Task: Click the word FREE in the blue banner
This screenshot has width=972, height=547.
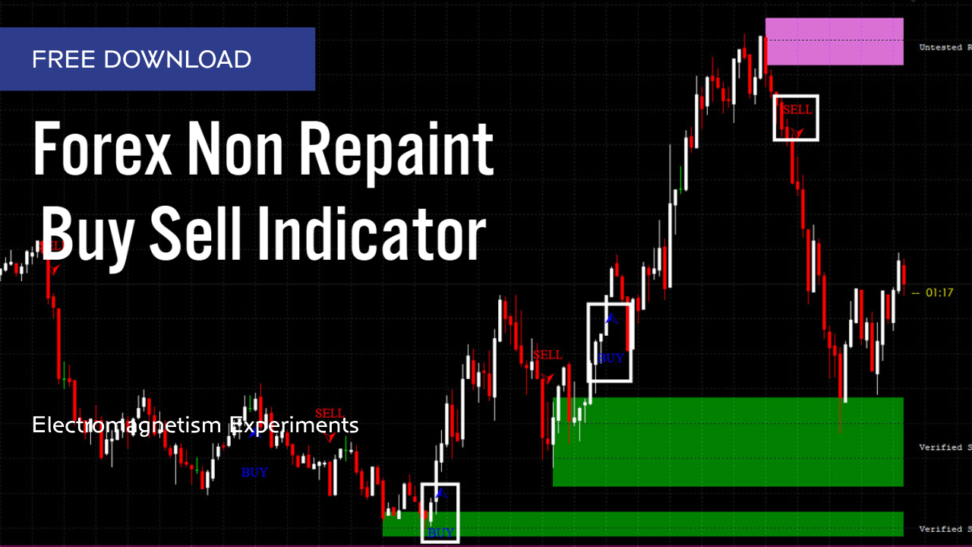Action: [64, 59]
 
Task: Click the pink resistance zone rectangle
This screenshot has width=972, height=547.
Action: [834, 41]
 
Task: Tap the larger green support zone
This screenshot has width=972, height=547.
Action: [727, 441]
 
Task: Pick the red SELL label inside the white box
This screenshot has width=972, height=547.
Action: [797, 109]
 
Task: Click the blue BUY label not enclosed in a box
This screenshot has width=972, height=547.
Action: [254, 473]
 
